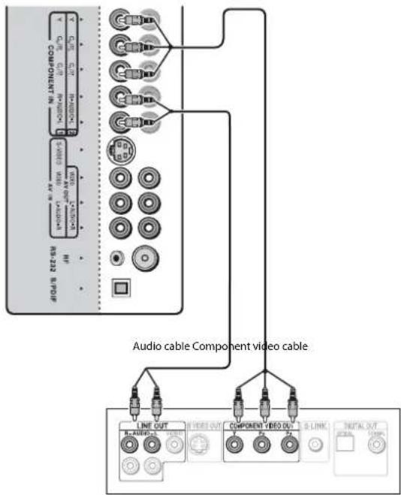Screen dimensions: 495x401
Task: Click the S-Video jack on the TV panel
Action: [119, 149]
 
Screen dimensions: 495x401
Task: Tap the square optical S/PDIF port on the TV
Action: [119, 286]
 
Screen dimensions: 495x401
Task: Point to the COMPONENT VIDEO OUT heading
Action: [261, 426]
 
